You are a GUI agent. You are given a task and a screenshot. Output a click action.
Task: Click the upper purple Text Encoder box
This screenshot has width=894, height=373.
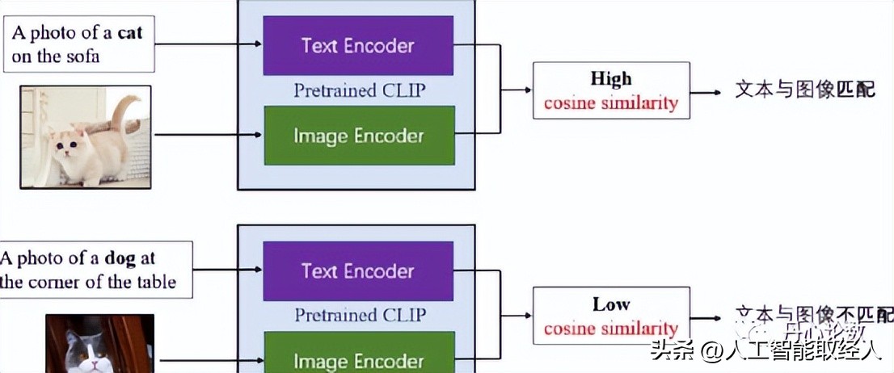pyautogui.click(x=357, y=46)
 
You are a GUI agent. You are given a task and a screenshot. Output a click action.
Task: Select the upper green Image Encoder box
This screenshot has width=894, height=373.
pyautogui.click(x=357, y=136)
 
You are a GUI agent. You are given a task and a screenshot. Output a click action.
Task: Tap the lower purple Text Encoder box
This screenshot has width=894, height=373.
pyautogui.click(x=357, y=271)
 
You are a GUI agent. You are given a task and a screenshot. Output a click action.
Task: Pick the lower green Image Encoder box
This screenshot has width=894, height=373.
pyautogui.click(x=357, y=361)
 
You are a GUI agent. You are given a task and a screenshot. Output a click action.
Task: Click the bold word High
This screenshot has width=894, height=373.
pyautogui.click(x=610, y=79)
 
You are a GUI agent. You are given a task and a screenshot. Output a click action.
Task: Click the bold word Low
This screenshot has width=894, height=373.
pyautogui.click(x=610, y=304)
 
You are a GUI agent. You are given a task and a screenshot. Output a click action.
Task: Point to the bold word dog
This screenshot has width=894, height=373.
pyautogui.click(x=120, y=259)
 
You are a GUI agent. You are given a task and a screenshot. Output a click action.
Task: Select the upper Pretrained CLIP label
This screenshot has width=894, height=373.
pyautogui.click(x=359, y=90)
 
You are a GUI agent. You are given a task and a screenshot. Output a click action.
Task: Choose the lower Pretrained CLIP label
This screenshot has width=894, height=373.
pyautogui.click(x=359, y=315)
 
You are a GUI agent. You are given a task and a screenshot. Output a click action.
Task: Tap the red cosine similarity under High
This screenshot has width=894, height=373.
pyautogui.click(x=610, y=103)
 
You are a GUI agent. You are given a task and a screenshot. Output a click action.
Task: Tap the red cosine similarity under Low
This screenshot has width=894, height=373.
pyautogui.click(x=610, y=329)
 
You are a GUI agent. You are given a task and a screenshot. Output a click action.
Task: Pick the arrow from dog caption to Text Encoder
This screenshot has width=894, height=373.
pyautogui.click(x=228, y=270)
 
